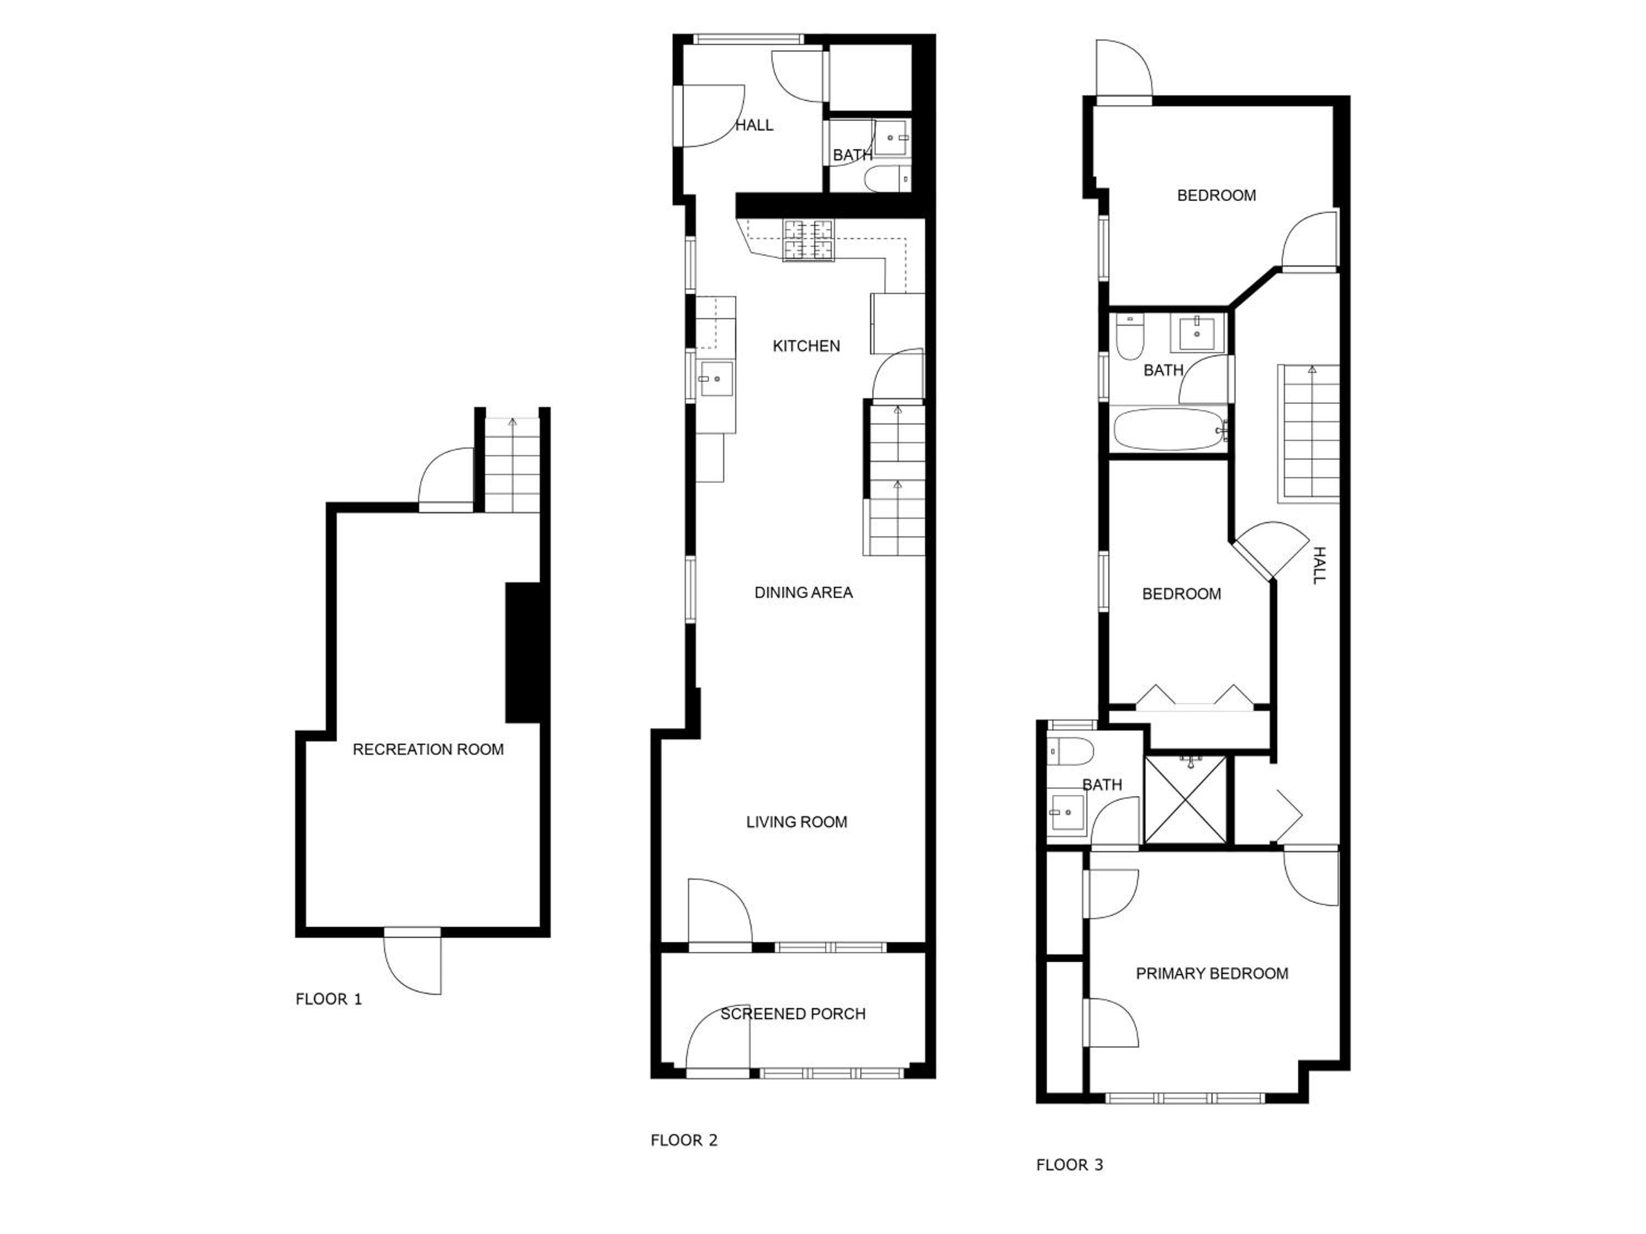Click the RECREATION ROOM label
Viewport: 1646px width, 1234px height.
coord(428,749)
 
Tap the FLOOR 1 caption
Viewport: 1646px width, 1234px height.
coord(328,999)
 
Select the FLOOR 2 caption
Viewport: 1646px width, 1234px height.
coord(684,1140)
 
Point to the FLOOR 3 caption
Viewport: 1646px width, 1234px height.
coord(1069,1165)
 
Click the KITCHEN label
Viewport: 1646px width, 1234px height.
coord(806,346)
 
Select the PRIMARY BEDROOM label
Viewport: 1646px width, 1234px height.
coord(1211,973)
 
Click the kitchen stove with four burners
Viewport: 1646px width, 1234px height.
coord(809,240)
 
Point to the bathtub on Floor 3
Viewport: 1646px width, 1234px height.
coord(1170,429)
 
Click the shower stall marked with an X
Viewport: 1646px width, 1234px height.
coord(1185,800)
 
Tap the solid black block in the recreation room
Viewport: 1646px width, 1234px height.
coord(523,652)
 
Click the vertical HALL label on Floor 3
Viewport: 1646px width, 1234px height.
coord(1318,565)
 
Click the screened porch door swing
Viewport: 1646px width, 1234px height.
coord(717,1041)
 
